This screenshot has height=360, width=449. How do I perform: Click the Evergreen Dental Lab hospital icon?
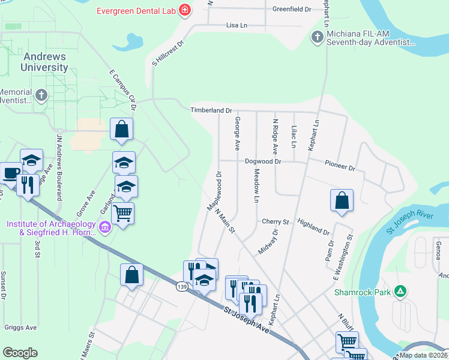click(x=185, y=9)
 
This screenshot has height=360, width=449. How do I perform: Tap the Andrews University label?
click(x=46, y=62)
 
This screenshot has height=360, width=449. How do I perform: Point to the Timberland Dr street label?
click(x=211, y=110)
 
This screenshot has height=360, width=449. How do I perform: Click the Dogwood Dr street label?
click(x=263, y=161)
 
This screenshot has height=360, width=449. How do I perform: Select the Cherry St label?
click(x=276, y=221)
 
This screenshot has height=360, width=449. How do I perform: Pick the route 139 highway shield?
click(x=181, y=287)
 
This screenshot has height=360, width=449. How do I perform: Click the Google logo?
click(x=20, y=353)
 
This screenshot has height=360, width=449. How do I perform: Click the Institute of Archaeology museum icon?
click(x=105, y=227)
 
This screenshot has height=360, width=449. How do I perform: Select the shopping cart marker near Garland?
click(x=123, y=212)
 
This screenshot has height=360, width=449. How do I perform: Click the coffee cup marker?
click(x=10, y=172)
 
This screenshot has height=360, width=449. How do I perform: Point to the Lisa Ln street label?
click(x=237, y=25)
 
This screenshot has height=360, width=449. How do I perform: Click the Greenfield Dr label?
click(x=292, y=10)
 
